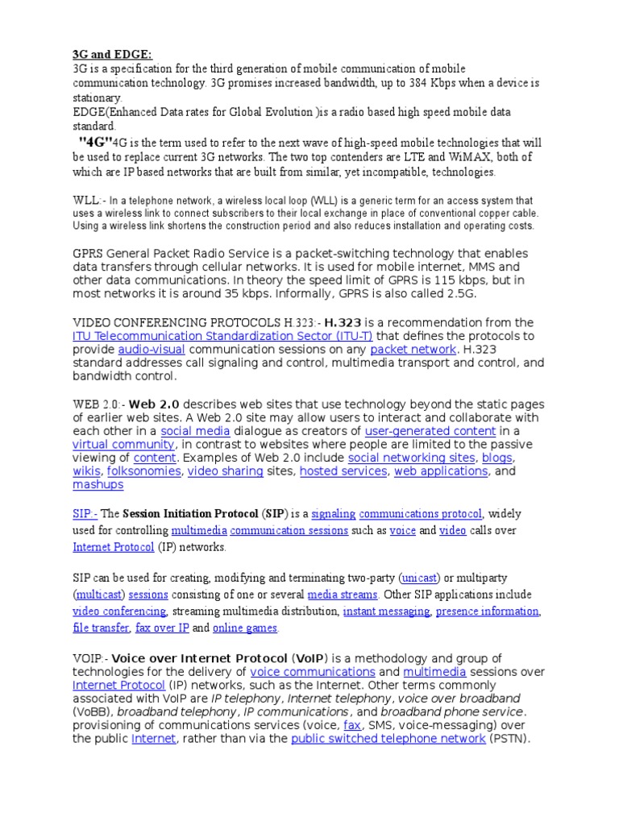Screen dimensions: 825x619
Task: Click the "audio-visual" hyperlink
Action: (152, 350)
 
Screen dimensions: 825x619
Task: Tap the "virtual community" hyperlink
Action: (123, 445)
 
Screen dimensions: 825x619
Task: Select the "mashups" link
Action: (98, 485)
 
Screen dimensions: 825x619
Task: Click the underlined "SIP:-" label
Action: (85, 513)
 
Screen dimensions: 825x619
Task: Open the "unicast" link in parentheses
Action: (419, 578)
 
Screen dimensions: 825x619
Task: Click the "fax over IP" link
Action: (162, 628)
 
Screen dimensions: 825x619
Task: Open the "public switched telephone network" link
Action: (388, 738)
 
